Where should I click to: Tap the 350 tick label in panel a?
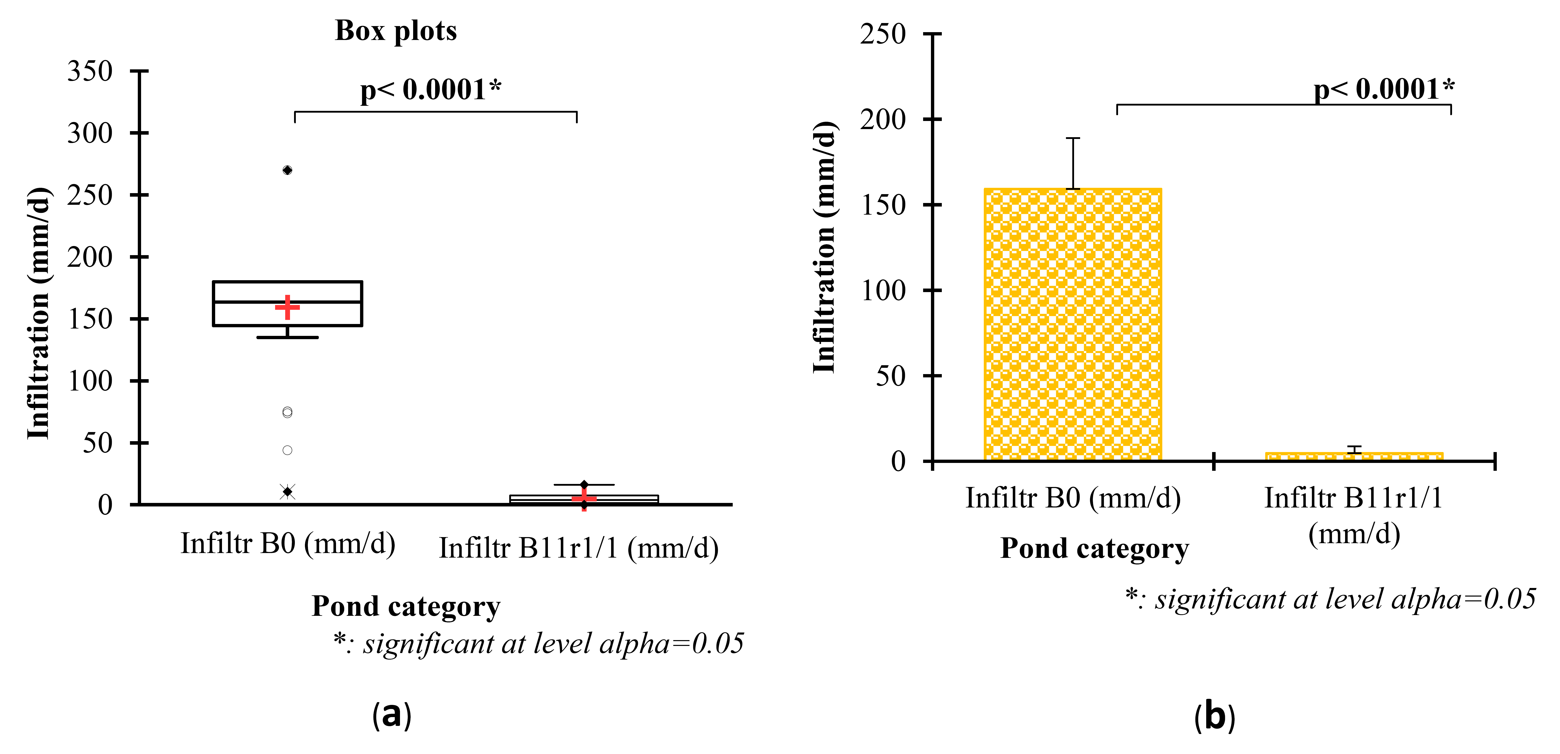(x=90, y=72)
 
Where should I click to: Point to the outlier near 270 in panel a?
(x=288, y=170)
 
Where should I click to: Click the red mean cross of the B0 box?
(x=288, y=307)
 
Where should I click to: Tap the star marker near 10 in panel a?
(x=288, y=492)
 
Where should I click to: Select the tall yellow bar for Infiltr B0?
(x=1073, y=324)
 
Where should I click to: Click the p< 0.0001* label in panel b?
(x=1384, y=90)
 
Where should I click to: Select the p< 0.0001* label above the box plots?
(x=431, y=90)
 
